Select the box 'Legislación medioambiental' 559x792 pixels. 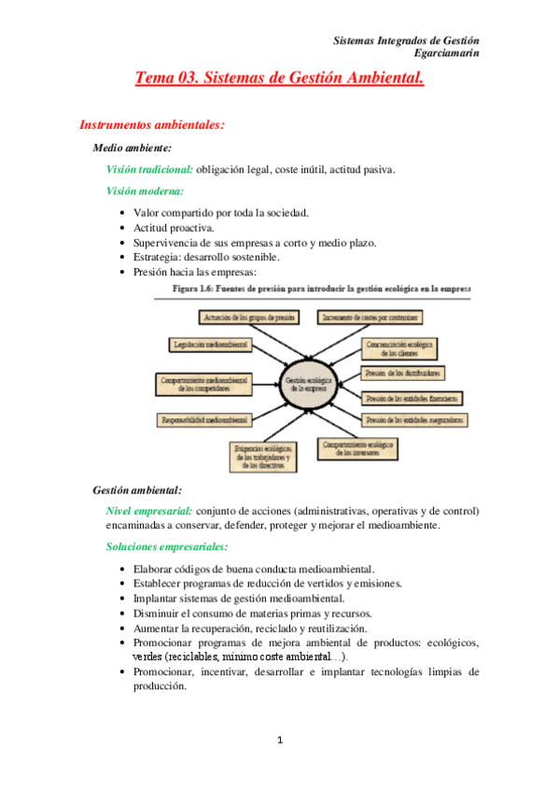[210, 346]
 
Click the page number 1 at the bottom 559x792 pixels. [279, 742]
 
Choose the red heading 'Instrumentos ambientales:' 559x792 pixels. [152, 123]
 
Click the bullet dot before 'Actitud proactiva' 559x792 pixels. [124, 228]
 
